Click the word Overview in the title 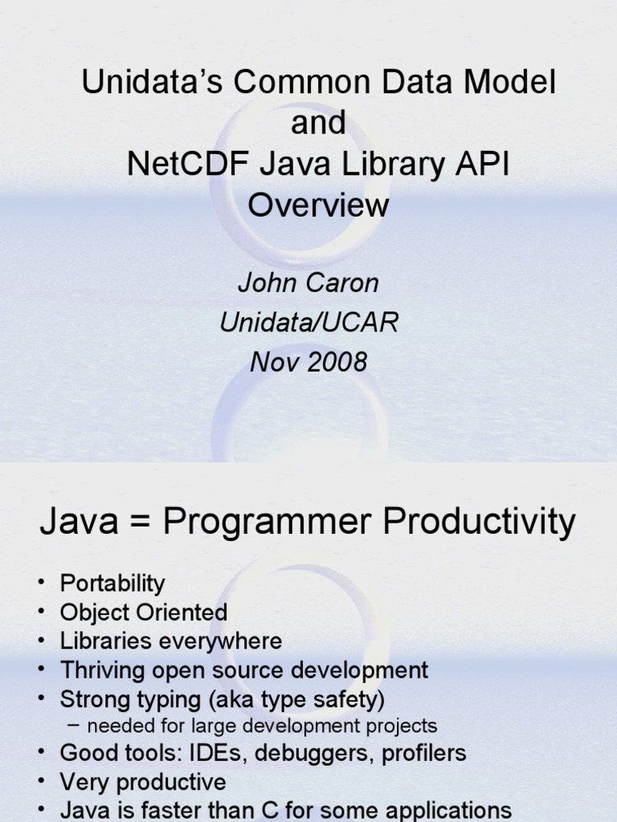pyautogui.click(x=318, y=205)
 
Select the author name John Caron pyautogui.click(x=308, y=283)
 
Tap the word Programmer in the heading pyautogui.click(x=268, y=523)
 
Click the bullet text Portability pyautogui.click(x=112, y=584)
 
